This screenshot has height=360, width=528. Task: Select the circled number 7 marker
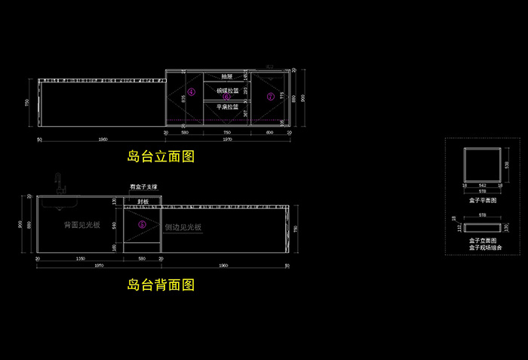[270, 97]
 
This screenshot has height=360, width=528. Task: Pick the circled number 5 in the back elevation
[142, 224]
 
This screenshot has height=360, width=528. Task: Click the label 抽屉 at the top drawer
[226, 76]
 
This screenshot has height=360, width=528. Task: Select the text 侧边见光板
[183, 226]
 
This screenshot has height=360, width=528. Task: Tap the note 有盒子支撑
[143, 186]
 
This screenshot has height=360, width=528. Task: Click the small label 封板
[143, 202]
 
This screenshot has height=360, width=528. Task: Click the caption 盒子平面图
[482, 201]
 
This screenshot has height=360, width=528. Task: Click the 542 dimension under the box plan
[482, 184]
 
